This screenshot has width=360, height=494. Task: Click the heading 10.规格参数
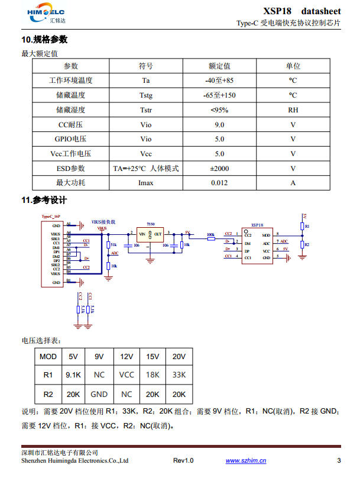[x=44, y=40]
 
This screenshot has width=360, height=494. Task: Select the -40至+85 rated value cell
[x=219, y=80]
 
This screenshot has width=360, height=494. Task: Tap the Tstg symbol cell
[x=145, y=95]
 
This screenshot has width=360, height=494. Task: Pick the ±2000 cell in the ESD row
[x=219, y=169]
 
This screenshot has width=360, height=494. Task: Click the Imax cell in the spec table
[x=145, y=183]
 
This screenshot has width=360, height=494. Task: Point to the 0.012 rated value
[x=219, y=183]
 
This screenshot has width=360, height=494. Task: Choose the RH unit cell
[x=293, y=109]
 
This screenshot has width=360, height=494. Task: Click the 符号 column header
[x=145, y=66]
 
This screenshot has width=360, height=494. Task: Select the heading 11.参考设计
[x=44, y=200]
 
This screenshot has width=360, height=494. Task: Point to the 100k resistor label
[x=210, y=234]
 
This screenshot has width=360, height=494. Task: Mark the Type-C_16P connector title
[x=50, y=217]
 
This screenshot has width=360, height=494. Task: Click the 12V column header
[x=127, y=357]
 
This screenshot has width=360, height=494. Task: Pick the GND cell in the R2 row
[x=99, y=393]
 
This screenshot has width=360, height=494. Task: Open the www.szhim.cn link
[x=246, y=461]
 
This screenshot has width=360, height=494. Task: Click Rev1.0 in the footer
[x=183, y=461]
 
